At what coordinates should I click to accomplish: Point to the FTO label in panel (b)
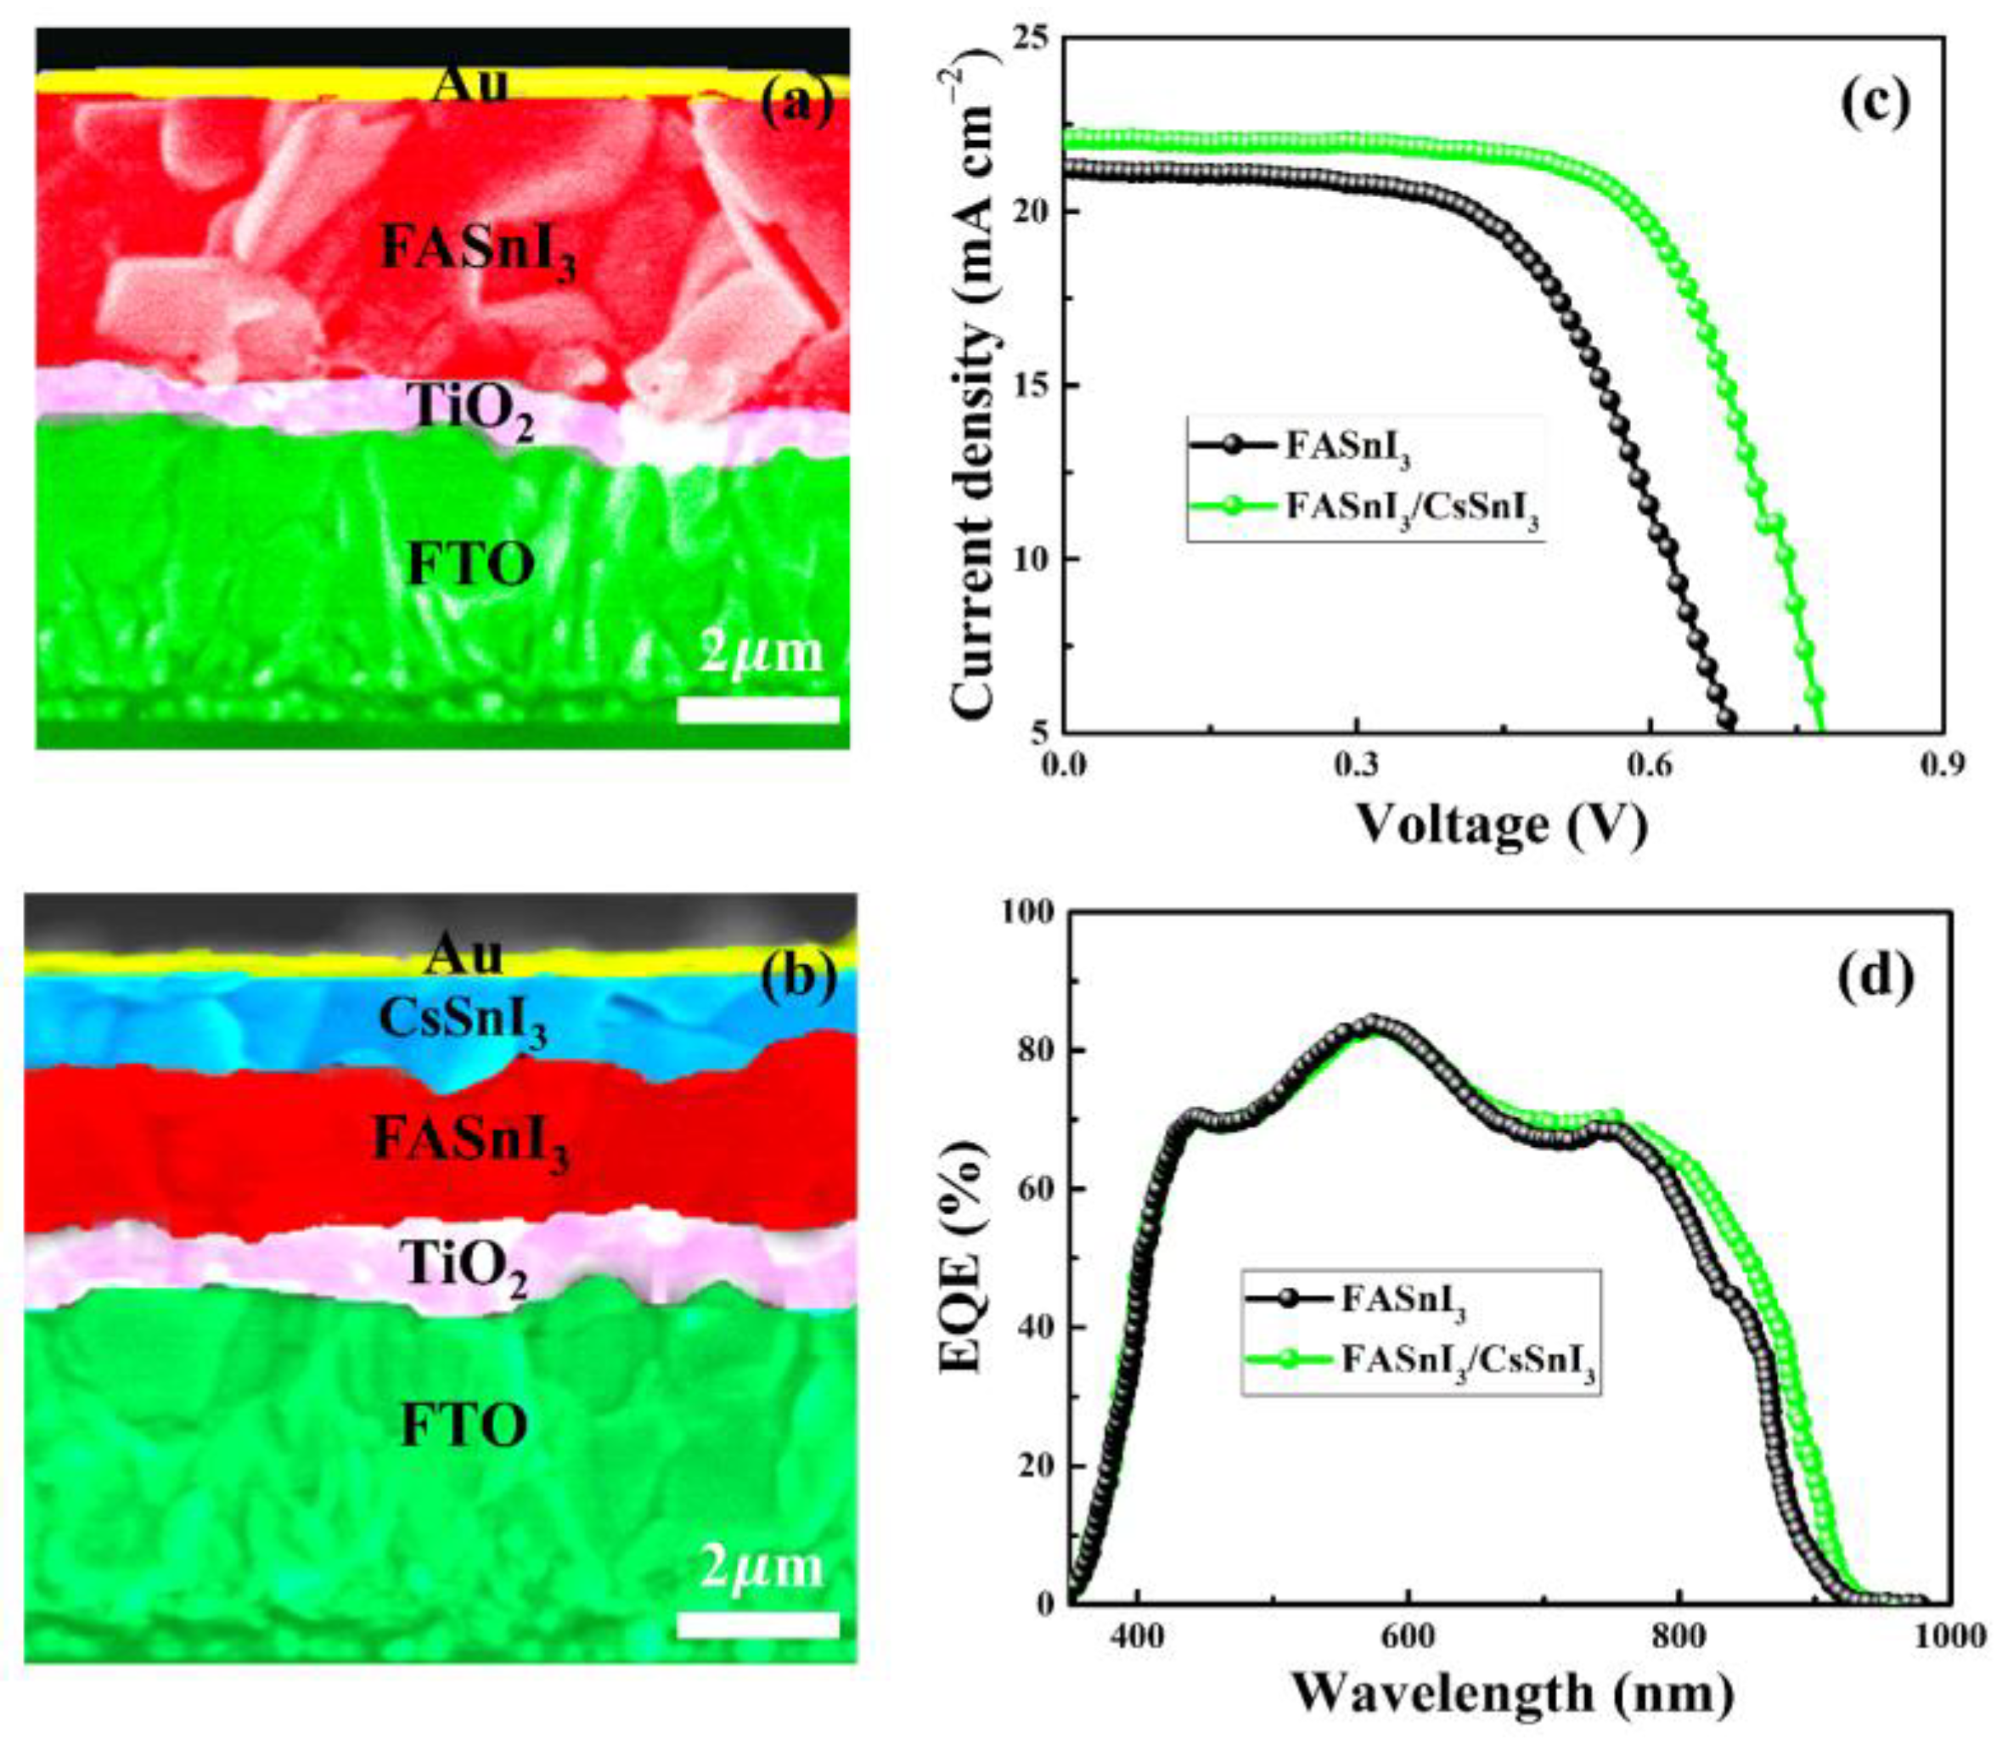coord(465,1427)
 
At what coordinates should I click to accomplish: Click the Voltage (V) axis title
coord(1502,825)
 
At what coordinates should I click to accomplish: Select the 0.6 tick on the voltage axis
coord(1650,766)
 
